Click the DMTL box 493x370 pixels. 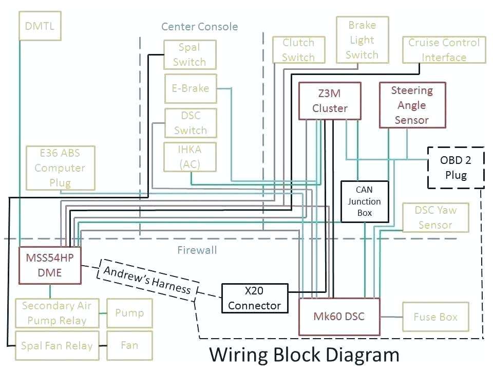(x=40, y=26)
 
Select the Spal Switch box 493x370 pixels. (x=189, y=54)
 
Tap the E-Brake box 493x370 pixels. (x=190, y=88)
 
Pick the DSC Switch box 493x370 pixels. (x=190, y=123)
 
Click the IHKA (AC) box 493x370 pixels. (x=190, y=157)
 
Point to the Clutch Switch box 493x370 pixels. (x=298, y=50)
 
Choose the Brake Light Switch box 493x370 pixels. (x=362, y=40)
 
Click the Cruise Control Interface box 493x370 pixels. (x=444, y=50)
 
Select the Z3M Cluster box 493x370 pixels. (x=330, y=101)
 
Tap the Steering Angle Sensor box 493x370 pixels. (x=412, y=105)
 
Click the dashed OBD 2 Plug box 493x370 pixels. (x=456, y=167)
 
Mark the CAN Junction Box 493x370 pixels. (x=364, y=201)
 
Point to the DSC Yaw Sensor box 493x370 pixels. (x=435, y=217)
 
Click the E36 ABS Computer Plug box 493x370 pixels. (x=60, y=168)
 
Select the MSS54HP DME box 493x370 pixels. (x=50, y=265)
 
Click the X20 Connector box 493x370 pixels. (x=254, y=298)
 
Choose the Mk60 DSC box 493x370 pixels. (x=339, y=316)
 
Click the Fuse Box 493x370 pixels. (x=435, y=317)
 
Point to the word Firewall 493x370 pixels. (x=197, y=250)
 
